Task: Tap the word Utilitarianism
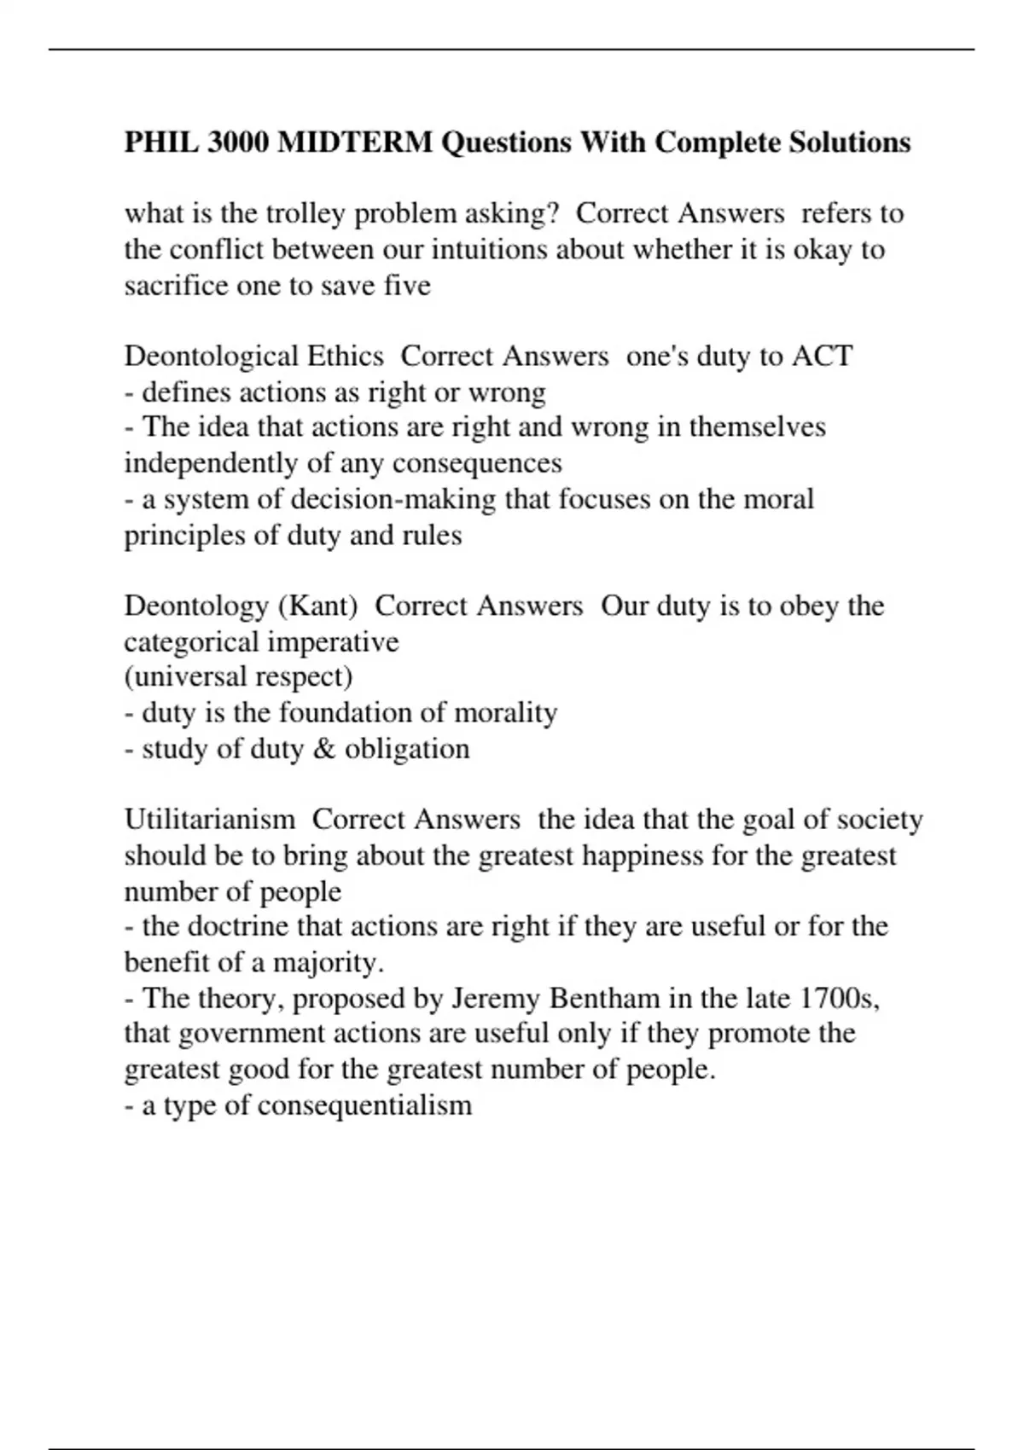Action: click(210, 820)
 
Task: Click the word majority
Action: click(328, 963)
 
